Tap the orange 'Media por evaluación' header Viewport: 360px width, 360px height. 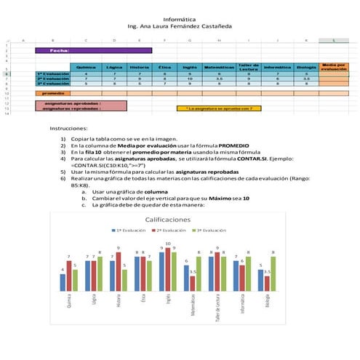coord(334,67)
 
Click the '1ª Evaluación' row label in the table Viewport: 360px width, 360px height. coord(52,74)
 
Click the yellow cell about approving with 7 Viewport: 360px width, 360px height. coord(219,108)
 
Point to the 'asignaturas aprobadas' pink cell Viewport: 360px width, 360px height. coord(81,103)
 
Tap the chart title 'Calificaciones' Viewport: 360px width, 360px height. coord(169,219)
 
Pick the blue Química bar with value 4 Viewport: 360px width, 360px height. coord(63,283)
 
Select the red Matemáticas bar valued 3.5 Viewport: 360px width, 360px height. coord(193,284)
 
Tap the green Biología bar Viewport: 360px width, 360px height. coord(273,275)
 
